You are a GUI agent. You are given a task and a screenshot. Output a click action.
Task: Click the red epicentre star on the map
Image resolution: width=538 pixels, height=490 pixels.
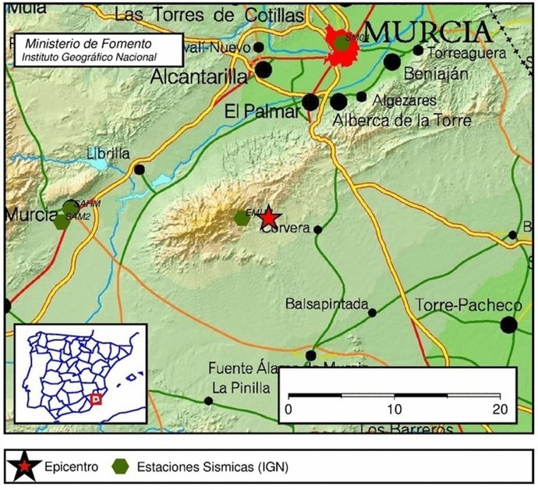pos(268,218)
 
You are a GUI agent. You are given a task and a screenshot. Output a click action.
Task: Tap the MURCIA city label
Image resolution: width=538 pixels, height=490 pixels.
pos(429,33)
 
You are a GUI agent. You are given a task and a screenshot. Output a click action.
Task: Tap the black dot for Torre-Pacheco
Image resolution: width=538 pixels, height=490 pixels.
pos(510,325)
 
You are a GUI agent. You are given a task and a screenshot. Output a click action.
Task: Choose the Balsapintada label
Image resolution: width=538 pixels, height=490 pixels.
pos(327,304)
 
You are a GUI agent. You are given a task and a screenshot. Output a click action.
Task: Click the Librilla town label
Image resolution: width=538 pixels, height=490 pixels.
pos(108,153)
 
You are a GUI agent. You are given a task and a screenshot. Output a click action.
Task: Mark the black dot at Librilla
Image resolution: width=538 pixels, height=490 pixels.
pos(140,169)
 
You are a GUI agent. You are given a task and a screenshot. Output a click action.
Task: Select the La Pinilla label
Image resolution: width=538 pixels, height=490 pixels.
pos(240,387)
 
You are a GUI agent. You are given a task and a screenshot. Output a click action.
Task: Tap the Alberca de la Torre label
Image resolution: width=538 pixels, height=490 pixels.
pos(402,120)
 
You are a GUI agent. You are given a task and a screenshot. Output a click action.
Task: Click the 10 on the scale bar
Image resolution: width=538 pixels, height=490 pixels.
pos(394,409)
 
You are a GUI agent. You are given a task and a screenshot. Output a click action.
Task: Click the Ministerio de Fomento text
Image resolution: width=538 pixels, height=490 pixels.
pos(88,44)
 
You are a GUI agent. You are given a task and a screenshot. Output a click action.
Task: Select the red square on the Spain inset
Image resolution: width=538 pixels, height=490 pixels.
pos(97,399)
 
